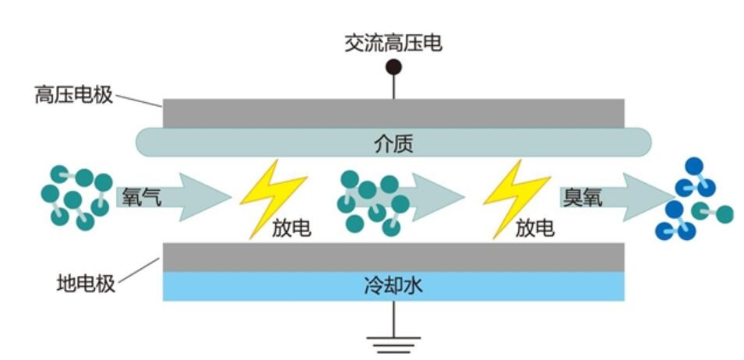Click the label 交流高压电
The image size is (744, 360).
[393, 42]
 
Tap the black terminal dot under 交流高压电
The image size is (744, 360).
[393, 67]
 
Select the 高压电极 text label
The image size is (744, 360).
[74, 96]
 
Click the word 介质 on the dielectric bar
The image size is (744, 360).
[393, 143]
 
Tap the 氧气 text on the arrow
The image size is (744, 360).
[141, 197]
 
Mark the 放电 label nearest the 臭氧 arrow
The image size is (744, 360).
[535, 228]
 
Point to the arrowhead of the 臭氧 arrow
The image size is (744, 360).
[650, 197]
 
